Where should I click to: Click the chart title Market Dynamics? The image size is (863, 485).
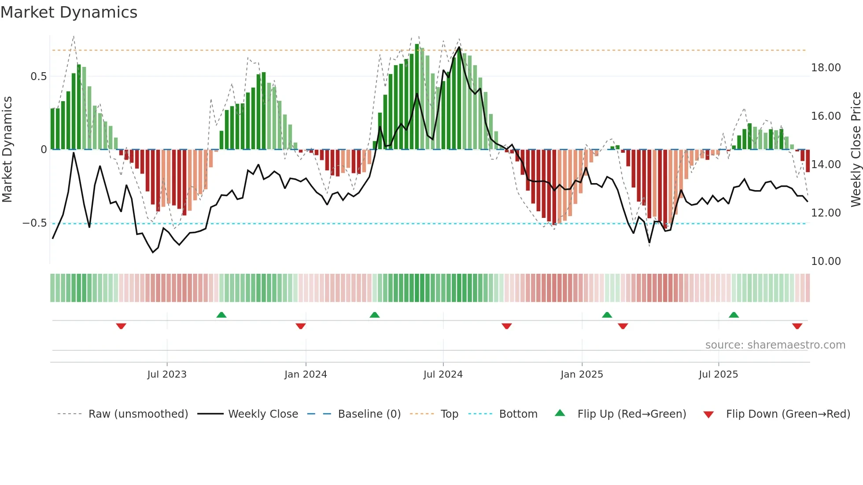[x=69, y=12]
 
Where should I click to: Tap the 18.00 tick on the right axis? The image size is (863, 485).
[x=826, y=68]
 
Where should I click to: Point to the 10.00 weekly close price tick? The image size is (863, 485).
[x=826, y=261]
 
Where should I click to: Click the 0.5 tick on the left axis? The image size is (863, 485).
[x=38, y=77]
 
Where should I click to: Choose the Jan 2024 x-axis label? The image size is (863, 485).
[x=306, y=375]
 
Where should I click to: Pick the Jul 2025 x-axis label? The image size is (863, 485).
[x=718, y=375]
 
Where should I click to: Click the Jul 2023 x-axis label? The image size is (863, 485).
[x=167, y=375]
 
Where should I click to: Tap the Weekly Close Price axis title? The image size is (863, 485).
[x=856, y=150]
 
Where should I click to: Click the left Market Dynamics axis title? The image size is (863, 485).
[x=7, y=150]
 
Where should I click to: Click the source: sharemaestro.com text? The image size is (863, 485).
[x=775, y=345]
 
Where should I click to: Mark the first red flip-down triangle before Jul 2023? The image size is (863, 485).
[x=121, y=326]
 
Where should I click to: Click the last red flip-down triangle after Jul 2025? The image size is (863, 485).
[x=797, y=326]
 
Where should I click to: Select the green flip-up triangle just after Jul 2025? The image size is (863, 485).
[x=734, y=315]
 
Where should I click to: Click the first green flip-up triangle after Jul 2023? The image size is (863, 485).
[x=221, y=315]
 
